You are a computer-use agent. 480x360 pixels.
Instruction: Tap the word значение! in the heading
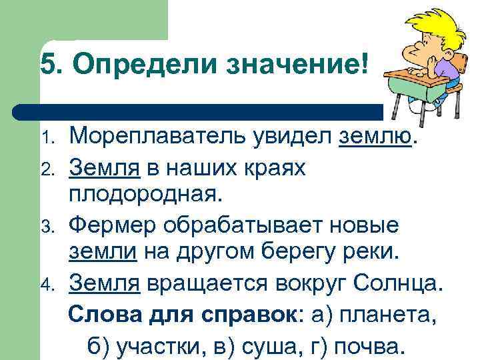[x=297, y=65]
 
